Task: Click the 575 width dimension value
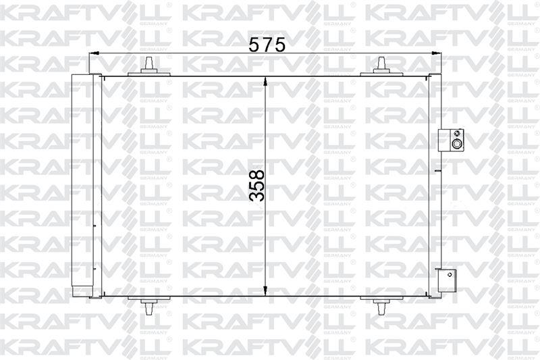(x=267, y=45)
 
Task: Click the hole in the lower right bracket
(x=448, y=274)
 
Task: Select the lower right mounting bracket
(x=446, y=279)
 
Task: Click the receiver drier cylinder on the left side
(x=82, y=185)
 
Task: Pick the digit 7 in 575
(x=267, y=45)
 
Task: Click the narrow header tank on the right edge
(x=434, y=185)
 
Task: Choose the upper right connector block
(x=450, y=139)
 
